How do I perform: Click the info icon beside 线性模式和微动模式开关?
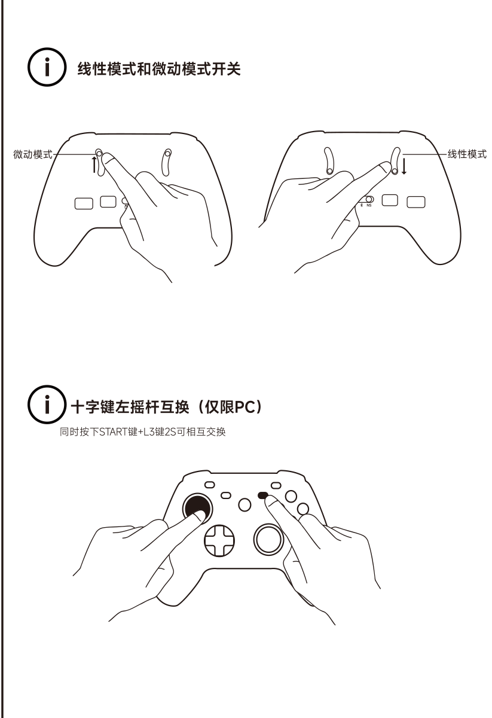(47, 67)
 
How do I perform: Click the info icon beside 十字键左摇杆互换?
(47, 404)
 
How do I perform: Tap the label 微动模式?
(33, 154)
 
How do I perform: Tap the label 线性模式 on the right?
(467, 154)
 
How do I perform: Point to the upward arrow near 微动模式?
(94, 165)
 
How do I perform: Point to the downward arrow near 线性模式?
(404, 166)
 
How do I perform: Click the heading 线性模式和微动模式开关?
(159, 69)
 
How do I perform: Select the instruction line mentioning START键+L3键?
(143, 432)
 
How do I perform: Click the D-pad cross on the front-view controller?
(219, 540)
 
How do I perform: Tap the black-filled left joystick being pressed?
(197, 508)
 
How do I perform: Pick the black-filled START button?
(263, 495)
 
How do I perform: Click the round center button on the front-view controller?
(245, 504)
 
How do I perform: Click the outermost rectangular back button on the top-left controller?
(84, 203)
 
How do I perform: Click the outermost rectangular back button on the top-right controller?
(416, 202)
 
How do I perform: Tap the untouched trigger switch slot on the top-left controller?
(167, 162)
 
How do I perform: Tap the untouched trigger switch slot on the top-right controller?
(329, 161)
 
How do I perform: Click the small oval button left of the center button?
(226, 495)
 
